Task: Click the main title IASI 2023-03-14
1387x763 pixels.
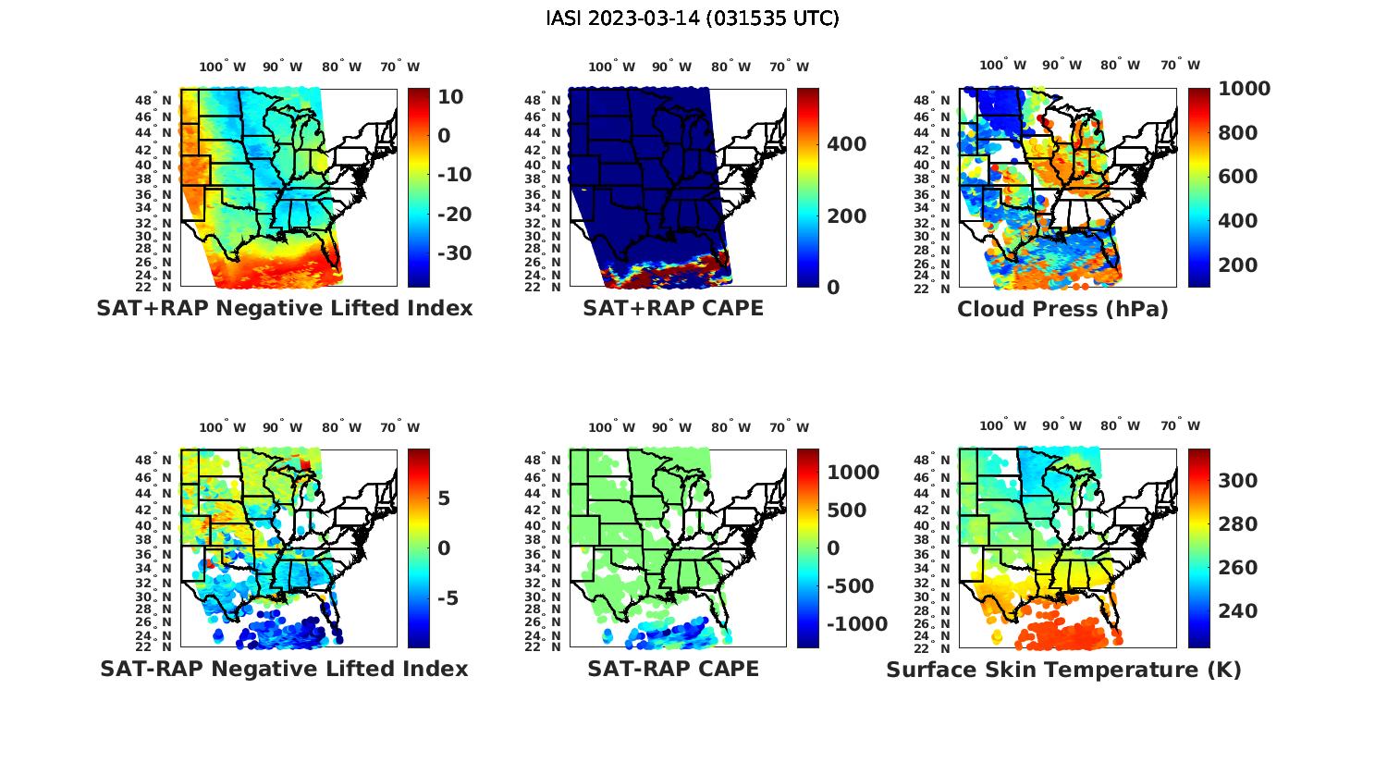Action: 693,18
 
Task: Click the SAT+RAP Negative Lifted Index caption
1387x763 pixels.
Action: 285,308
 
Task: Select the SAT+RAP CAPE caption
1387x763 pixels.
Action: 673,308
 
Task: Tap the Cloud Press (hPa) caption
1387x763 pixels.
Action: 1062,309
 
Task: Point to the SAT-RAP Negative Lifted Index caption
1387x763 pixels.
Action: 284,669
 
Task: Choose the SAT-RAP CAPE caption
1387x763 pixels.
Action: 673,669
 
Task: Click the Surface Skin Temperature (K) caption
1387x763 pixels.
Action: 1063,670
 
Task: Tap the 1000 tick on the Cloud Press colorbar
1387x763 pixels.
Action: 1244,89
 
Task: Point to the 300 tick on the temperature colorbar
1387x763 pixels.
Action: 1238,480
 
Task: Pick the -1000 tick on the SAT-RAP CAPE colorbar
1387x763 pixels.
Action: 857,624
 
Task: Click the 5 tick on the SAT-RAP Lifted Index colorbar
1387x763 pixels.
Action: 444,498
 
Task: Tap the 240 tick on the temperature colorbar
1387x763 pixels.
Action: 1238,610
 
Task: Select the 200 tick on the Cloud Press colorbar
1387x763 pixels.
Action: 1238,265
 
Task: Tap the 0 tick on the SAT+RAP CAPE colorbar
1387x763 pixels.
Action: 833,288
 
